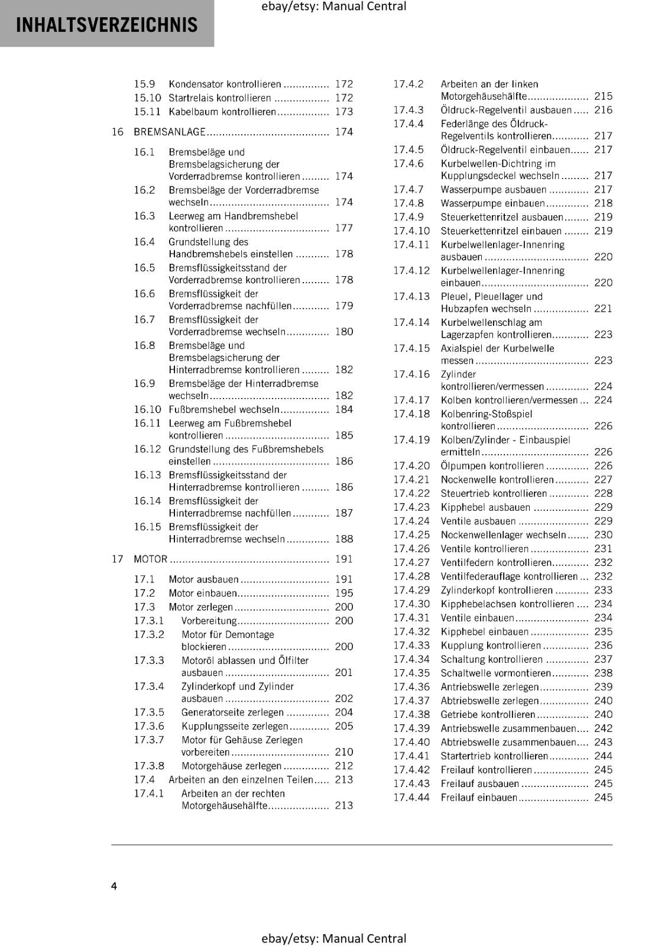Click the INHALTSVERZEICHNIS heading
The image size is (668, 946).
(107, 25)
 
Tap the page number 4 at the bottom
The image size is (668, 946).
(114, 886)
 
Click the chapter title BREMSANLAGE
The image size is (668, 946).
(170, 132)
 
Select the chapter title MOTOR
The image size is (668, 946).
(150, 559)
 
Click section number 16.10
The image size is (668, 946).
(147, 409)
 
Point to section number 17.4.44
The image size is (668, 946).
(411, 797)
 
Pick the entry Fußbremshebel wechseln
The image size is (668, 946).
(224, 409)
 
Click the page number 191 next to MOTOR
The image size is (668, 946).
(343, 559)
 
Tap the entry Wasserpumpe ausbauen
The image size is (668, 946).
(494, 189)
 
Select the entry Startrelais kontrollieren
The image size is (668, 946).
(220, 98)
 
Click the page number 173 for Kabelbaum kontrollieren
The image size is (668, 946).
(343, 112)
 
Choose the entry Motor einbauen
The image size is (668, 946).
(203, 593)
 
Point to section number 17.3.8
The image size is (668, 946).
(149, 766)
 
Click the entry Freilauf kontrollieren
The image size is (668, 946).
(487, 770)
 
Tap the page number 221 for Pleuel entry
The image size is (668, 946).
(603, 309)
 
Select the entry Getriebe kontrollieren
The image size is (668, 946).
(488, 714)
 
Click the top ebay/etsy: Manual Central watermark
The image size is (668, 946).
(333, 7)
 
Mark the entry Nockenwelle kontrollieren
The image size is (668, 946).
(497, 480)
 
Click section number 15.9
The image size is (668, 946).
(144, 84)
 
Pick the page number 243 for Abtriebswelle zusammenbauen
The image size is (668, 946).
(603, 742)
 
